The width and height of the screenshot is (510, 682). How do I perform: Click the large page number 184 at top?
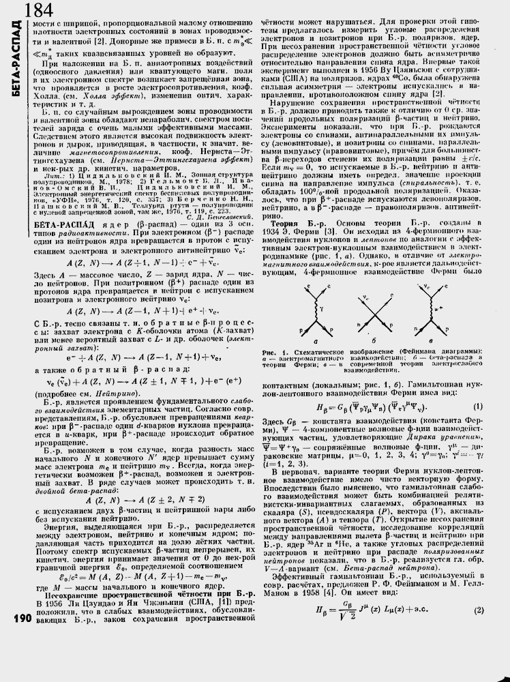click(x=42, y=10)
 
